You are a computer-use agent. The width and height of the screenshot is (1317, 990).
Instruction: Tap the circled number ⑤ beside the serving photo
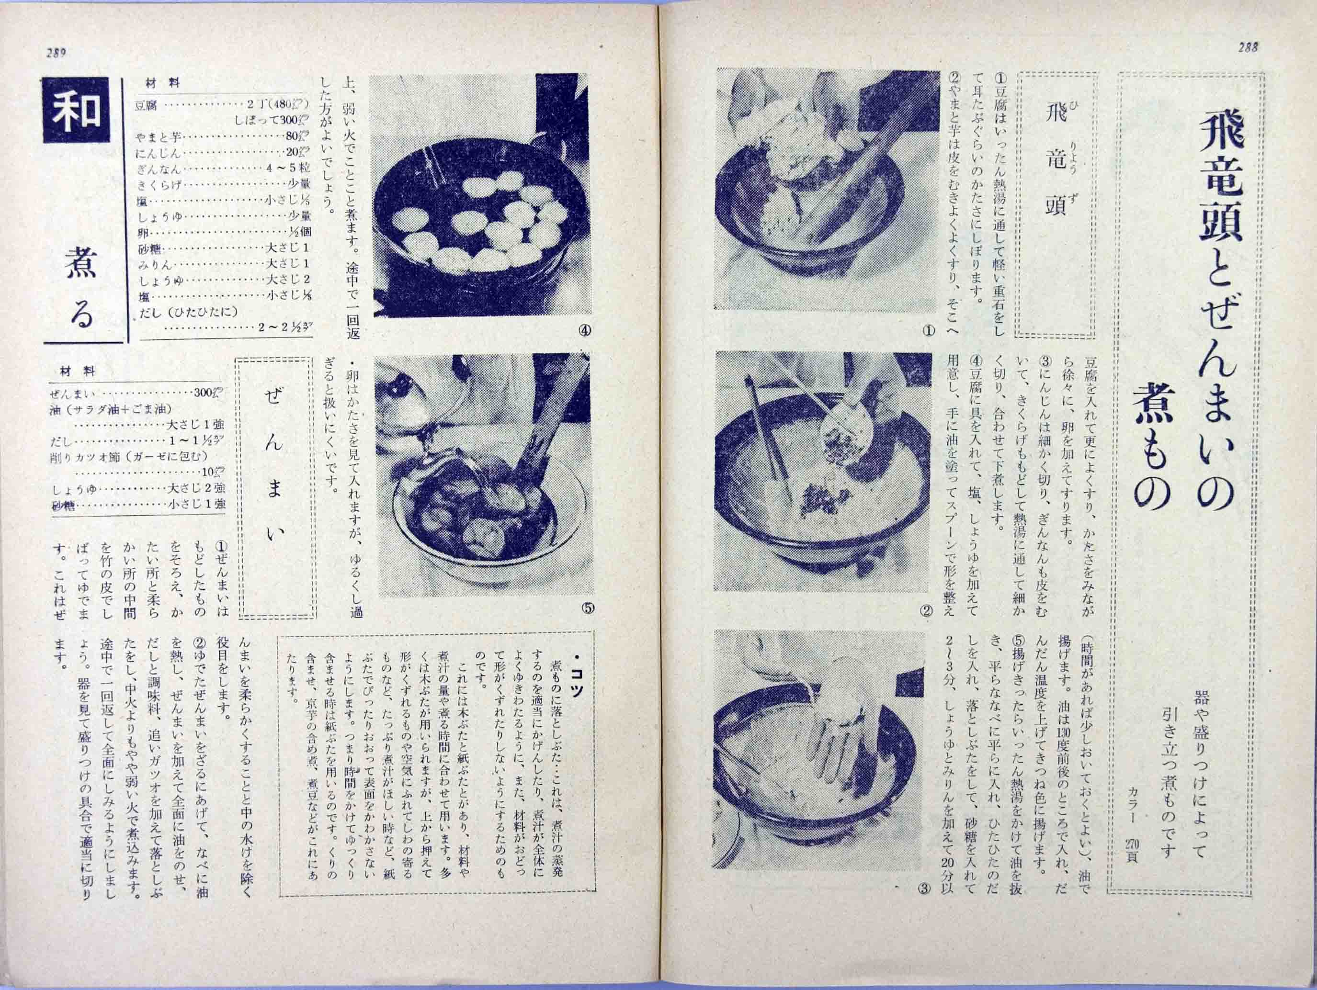[587, 608]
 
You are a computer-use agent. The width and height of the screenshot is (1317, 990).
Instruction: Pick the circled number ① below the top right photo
[928, 330]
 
